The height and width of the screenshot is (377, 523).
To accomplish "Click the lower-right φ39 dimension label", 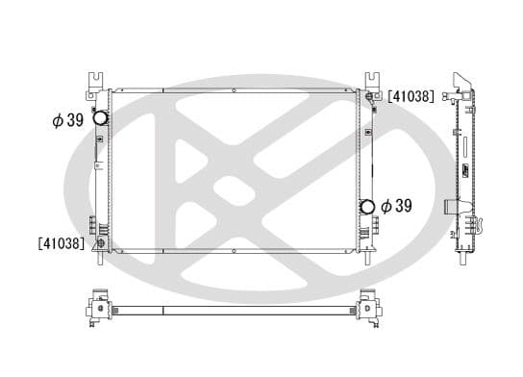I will pos(396,205).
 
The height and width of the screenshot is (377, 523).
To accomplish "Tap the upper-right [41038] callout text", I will pos(411,96).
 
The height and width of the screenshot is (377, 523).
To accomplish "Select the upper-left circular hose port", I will pos(99,119).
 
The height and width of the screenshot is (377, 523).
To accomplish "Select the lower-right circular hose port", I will pos(366,206).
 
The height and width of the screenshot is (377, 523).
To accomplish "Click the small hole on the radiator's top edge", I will pos(235,91).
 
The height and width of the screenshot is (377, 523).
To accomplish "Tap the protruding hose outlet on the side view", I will pos(452,206).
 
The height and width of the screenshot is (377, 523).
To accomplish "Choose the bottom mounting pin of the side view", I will pos(464,260).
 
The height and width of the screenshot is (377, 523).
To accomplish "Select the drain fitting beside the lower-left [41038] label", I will pos(99,243).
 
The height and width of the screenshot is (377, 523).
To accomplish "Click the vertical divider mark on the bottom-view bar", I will pos(164,311).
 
